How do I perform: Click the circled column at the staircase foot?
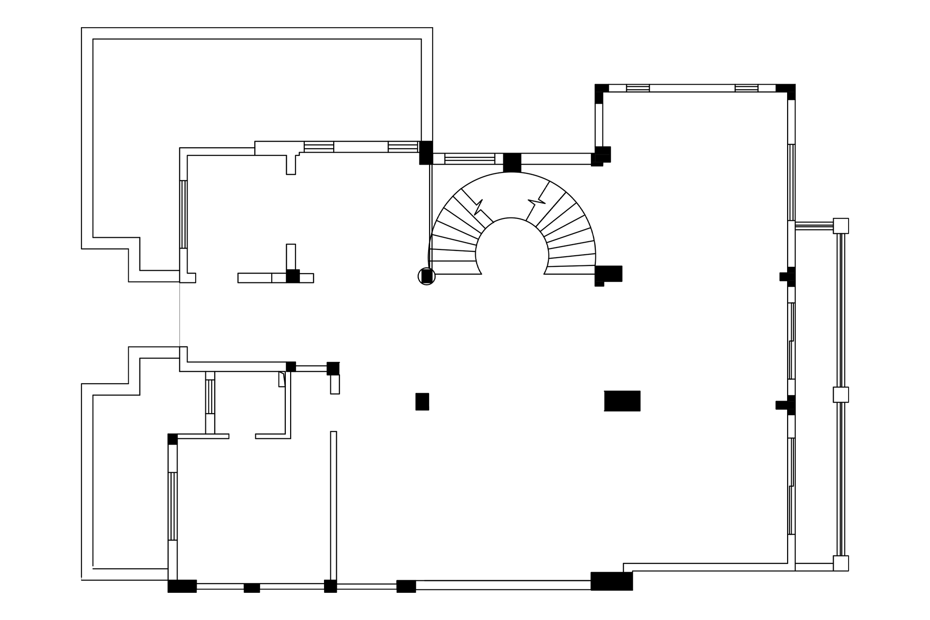click(427, 276)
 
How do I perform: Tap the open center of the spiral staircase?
click(512, 252)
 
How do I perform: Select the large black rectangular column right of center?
click(622, 401)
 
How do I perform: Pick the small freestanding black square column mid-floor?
click(422, 402)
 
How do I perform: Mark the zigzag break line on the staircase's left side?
click(478, 207)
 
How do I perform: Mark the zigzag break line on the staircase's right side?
click(536, 201)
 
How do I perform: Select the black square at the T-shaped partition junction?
click(293, 276)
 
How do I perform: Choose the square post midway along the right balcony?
click(840, 395)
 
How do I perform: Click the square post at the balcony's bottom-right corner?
click(840, 563)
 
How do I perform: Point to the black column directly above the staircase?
click(512, 162)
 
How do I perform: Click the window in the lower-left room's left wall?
click(172, 506)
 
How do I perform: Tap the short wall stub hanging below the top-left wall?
click(291, 165)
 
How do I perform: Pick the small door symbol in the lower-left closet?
click(281, 379)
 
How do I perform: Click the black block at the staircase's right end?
click(608, 274)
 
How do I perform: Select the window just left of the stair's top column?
click(469, 159)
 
